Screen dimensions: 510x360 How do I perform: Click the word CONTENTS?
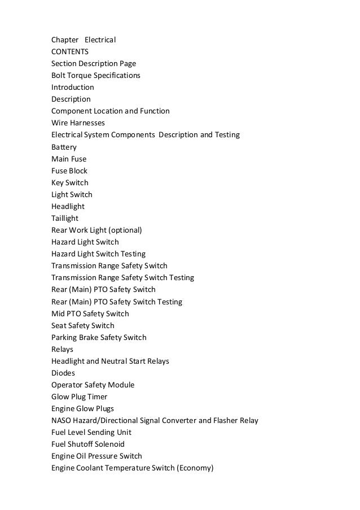coord(70,52)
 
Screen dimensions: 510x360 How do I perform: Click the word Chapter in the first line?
coord(65,40)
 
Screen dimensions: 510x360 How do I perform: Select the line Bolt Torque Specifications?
coord(96,76)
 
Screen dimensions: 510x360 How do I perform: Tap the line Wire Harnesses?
coord(78,123)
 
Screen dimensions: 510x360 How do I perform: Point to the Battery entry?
coord(64,147)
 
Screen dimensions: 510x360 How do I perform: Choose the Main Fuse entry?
coord(69,159)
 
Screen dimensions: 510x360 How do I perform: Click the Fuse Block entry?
coord(69,171)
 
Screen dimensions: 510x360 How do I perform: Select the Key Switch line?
coord(70,182)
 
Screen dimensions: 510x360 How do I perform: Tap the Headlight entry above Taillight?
coord(68,206)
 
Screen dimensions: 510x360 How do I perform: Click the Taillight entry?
coord(65,218)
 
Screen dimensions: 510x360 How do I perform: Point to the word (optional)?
coord(125,230)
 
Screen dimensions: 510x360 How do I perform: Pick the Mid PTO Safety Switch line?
coord(90,313)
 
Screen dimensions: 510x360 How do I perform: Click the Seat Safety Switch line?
coord(83,325)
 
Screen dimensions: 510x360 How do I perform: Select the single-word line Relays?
coord(62,349)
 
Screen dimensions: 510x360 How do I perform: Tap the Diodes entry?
coord(63,373)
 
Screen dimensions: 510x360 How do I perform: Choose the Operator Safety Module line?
coord(93,385)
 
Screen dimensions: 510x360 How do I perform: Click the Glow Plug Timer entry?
coord(79,396)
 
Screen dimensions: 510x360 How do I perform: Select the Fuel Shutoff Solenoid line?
coord(88,444)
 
